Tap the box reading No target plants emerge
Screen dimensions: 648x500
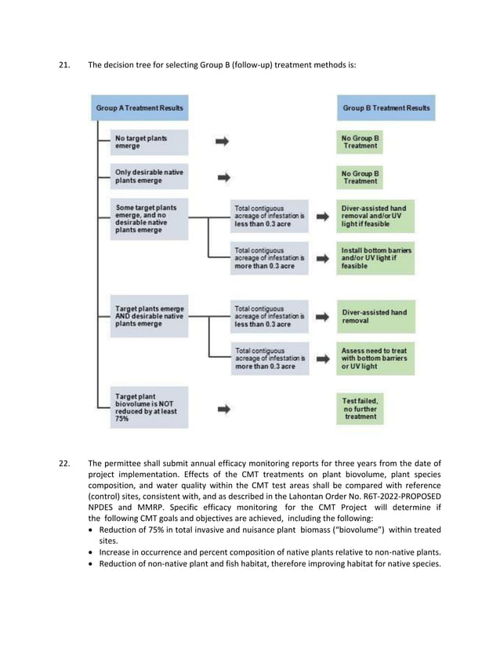coord(148,142)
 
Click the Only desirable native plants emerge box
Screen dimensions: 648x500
coord(148,177)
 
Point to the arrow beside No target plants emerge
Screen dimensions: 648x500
coord(223,142)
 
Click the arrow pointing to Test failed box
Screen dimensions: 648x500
coord(223,409)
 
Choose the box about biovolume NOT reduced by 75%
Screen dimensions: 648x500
coord(148,408)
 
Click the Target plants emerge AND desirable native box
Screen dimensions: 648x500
coord(148,317)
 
